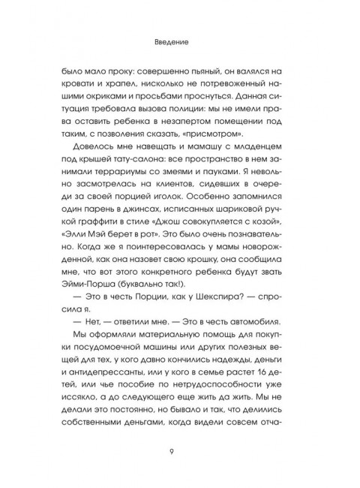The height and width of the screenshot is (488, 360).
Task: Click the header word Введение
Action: click(x=179, y=43)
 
